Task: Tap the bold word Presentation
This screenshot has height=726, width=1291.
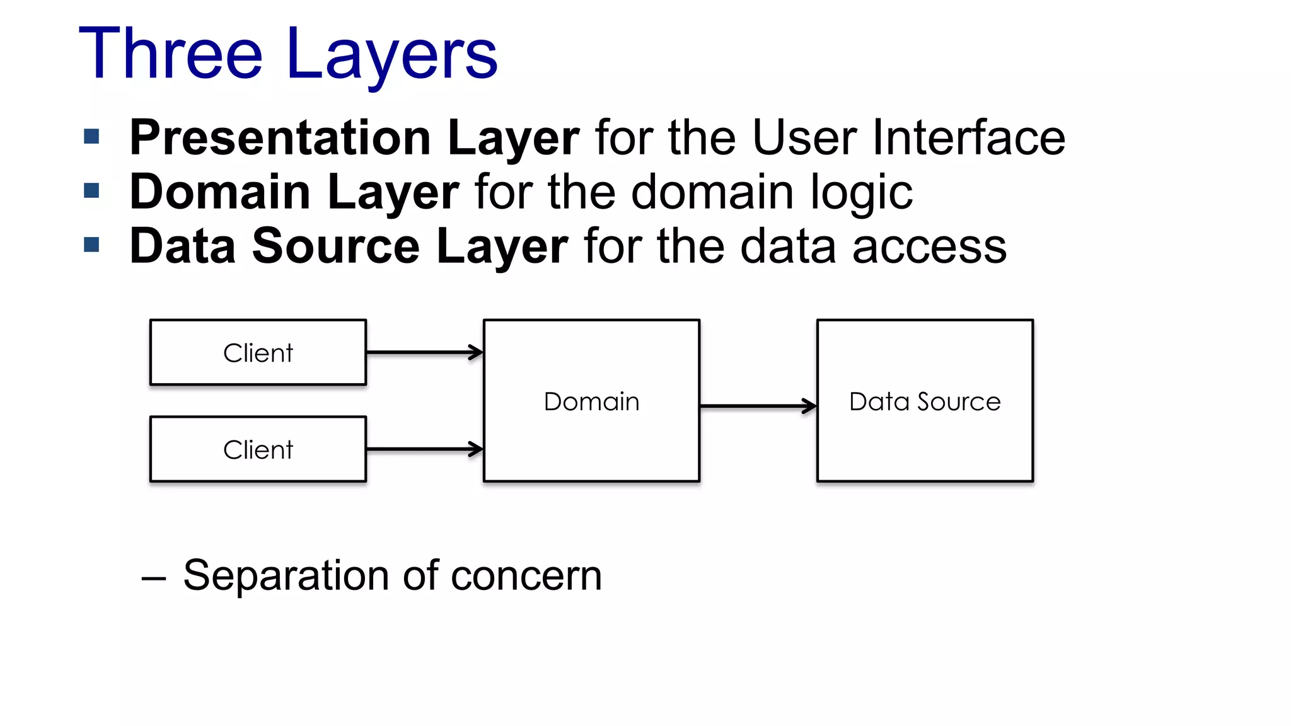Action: [281, 137]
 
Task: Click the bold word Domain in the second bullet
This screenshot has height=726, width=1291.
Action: [219, 192]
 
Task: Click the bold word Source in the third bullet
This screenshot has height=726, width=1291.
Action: [335, 246]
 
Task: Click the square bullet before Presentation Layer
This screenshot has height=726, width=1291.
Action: [92, 136]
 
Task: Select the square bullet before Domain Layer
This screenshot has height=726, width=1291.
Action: [92, 190]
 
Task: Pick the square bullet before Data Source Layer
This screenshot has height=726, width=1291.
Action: [92, 245]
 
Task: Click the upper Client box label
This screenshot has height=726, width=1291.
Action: [258, 353]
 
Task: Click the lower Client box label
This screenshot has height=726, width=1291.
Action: [258, 450]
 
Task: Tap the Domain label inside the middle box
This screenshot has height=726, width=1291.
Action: [591, 401]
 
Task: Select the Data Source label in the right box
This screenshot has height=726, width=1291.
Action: [925, 401]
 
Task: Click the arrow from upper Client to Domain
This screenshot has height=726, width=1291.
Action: [424, 352]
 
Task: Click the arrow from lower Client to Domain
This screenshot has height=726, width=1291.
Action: [424, 449]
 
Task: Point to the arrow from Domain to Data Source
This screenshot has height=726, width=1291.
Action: [758, 406]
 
